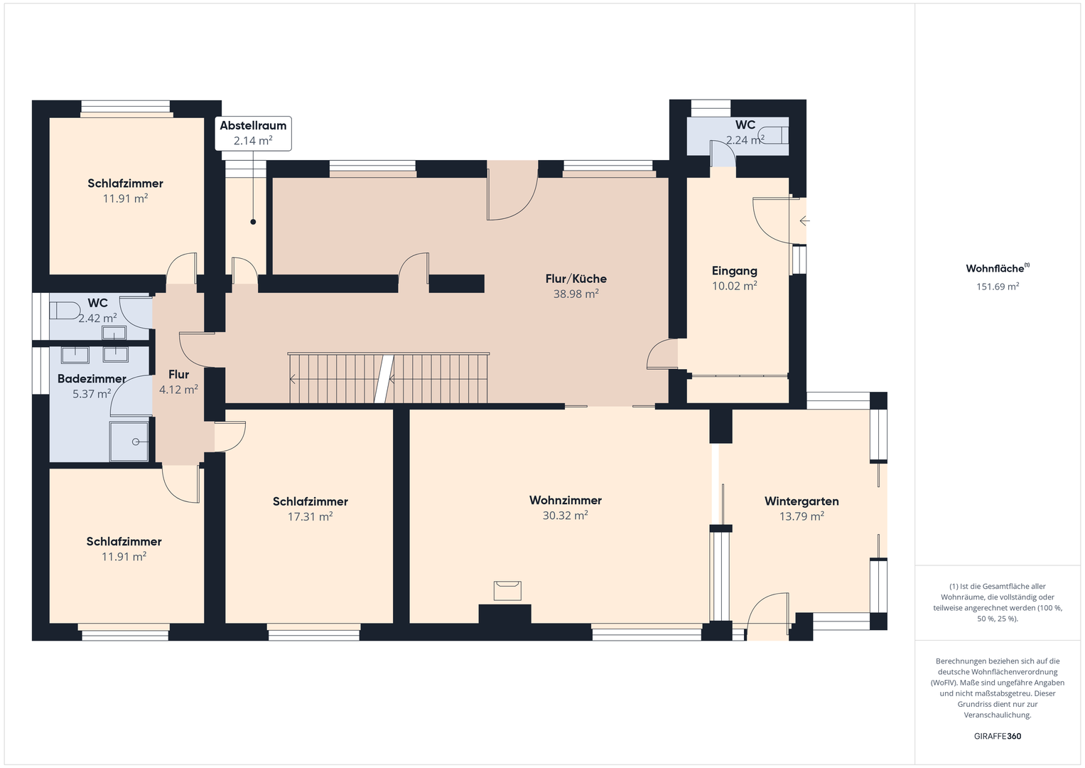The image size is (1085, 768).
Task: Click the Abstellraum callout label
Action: click(254, 134)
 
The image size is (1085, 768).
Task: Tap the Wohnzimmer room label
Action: click(566, 500)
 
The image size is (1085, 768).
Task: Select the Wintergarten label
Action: click(801, 501)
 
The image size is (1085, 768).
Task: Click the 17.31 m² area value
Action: click(310, 517)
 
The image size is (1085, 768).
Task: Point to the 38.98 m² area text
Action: click(576, 294)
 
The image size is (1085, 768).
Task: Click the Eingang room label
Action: click(734, 271)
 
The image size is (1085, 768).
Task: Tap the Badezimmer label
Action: click(92, 378)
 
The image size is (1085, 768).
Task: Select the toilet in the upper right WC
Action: click(773, 135)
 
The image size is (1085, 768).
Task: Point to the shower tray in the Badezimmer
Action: click(129, 441)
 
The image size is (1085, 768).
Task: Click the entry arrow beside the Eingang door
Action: click(804, 221)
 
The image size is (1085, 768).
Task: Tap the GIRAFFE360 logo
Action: click(998, 736)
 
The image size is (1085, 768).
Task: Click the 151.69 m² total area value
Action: click(998, 287)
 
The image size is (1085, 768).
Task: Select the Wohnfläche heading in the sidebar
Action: click(998, 268)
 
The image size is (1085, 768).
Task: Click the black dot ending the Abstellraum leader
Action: click(253, 222)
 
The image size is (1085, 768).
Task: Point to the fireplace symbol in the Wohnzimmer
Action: click(507, 591)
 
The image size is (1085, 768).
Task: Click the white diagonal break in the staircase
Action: click(384, 378)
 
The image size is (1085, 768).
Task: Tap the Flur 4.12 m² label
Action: click(179, 382)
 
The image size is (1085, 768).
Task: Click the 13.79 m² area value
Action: click(801, 517)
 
